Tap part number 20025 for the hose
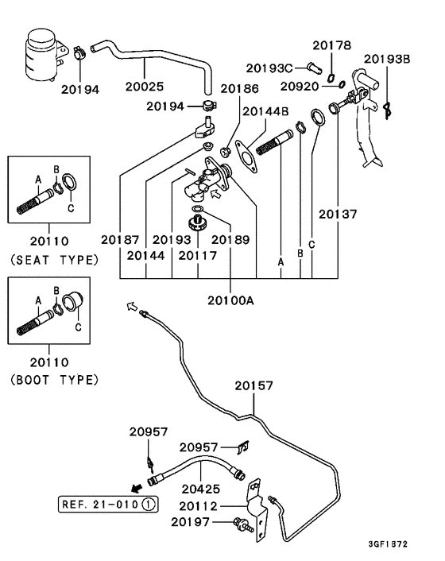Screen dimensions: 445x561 coord(145,87)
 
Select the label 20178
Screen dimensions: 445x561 coord(332,45)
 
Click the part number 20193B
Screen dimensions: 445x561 coord(387,59)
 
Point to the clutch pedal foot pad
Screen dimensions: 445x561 coord(373,163)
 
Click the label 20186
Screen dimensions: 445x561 coord(239,89)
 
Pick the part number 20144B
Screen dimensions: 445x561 coord(265,111)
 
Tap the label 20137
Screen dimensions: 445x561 coord(338,215)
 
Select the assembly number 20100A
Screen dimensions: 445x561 coord(230,300)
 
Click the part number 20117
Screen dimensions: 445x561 coord(198,256)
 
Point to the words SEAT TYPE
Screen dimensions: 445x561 coord(54,260)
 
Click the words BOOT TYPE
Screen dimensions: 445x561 coord(54,380)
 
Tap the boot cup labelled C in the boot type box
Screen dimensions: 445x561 coord(73,302)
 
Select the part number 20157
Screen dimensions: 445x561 coord(254,385)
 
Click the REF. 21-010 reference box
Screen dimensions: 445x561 coord(108,505)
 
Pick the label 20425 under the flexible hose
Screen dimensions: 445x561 coord(201,489)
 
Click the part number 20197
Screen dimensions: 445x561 coord(190,522)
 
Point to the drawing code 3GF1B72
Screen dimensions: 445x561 coord(388,544)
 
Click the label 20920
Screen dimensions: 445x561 coord(300,87)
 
